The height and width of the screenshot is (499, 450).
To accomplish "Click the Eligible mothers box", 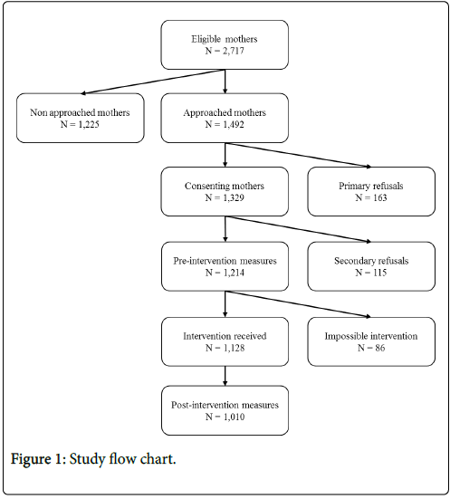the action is tap(225, 45).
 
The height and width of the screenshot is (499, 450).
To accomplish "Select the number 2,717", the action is tap(234, 51).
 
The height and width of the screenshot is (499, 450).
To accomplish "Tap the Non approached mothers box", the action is tap(81, 118).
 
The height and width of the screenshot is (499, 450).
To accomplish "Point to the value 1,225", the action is tap(89, 124).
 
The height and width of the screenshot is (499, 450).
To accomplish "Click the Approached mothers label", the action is tap(225, 112).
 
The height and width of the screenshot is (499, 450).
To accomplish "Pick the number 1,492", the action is tap(234, 124).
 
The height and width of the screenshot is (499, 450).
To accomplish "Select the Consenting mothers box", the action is tap(225, 192).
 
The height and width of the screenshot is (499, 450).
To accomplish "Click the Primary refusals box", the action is tap(371, 192).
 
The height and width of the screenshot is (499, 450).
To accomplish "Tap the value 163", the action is tap(379, 197).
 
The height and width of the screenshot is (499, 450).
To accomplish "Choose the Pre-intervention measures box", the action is tap(225, 266).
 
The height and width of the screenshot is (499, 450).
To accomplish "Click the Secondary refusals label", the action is tap(371, 261).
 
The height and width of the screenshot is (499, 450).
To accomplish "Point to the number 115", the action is tap(379, 273).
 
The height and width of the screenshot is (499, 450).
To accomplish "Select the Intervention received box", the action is tap(225, 341).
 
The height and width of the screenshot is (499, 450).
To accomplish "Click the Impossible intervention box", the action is tap(371, 341).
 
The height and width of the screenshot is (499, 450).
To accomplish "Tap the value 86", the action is tap(379, 348).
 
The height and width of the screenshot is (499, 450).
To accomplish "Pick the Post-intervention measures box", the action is tap(225, 410).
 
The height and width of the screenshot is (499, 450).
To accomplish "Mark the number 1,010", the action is tap(234, 417).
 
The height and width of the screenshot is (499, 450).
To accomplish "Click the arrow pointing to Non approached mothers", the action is tap(153, 82).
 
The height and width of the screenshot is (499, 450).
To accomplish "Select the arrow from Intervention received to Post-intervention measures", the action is tap(225, 376).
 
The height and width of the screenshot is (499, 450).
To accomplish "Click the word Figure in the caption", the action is tap(31, 459).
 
